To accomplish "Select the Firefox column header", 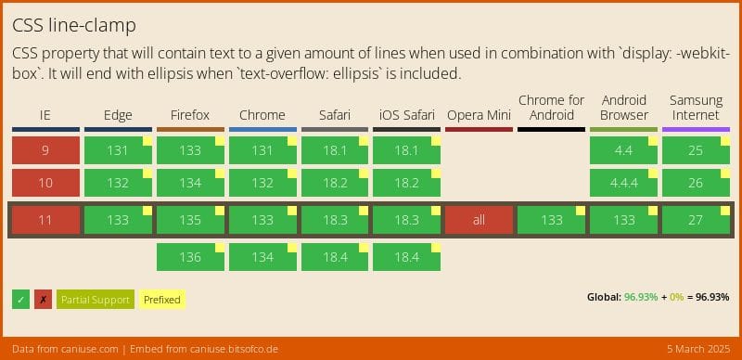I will pos(190,115).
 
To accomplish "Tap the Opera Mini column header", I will pos(479,115).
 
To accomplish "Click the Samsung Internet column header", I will pos(696,107).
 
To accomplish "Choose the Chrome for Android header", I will pos(551,107).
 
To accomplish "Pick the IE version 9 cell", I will pos(45,149).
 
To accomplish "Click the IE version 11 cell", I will pos(45,220).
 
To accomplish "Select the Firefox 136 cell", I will pos(190,256).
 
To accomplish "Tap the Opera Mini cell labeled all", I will pos(479,220).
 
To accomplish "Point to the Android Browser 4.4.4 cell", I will pos(623,183).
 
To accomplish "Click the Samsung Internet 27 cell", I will pos(696,220).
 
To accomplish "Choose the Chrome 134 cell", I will pos(262,256).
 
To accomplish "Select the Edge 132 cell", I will pos(118,183).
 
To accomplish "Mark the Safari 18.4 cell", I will pos(335,256).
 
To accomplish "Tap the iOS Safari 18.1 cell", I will pos(406,149).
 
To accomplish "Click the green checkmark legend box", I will pos(20,299).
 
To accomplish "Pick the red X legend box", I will pos(43,299).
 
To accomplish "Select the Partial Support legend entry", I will pos(95,299).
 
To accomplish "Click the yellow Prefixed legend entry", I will pos(161,299).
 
